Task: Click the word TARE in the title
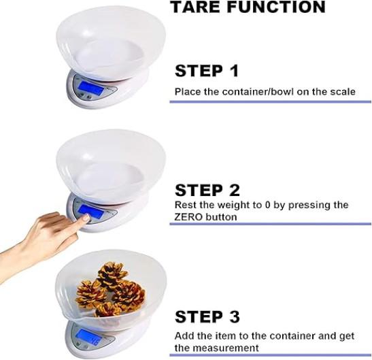[x=195, y=7]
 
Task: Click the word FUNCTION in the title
[x=276, y=7]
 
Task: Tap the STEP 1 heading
[x=207, y=71]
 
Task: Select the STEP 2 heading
[x=207, y=190]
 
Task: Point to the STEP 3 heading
[x=207, y=316]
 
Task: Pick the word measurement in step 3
[x=225, y=348]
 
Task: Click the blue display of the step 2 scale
[x=91, y=212]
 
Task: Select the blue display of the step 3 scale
[x=88, y=338]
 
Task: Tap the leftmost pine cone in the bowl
[x=90, y=293]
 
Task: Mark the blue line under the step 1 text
[x=270, y=102]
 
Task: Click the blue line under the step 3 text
[x=270, y=355]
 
